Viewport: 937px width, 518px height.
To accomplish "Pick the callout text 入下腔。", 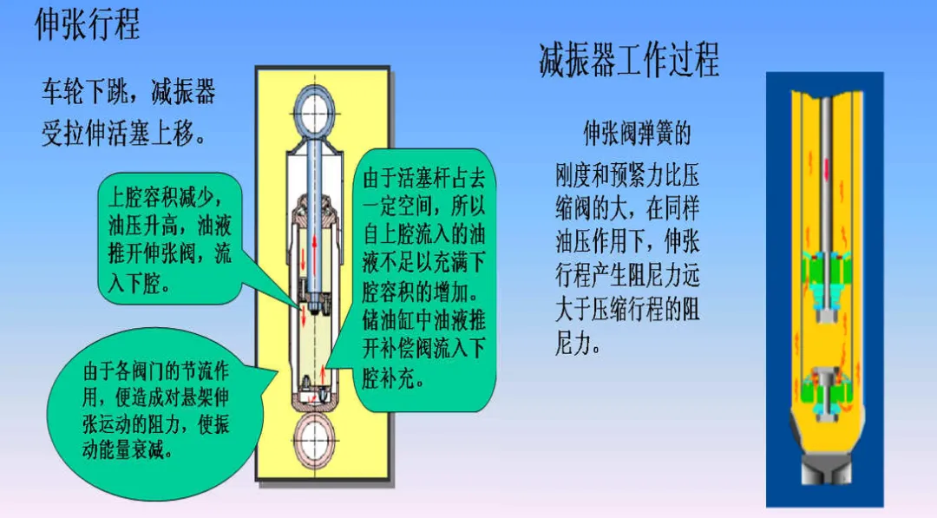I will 140,284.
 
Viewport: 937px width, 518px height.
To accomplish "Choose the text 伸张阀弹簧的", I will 636,134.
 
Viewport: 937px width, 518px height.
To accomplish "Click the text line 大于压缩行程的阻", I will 626,311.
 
